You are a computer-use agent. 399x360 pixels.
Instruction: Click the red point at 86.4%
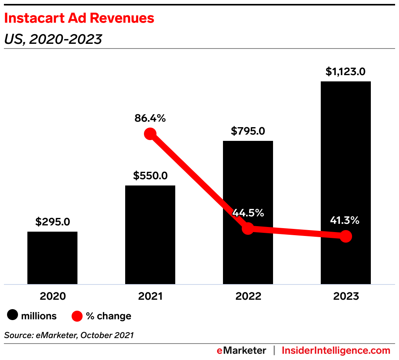tap(150, 134)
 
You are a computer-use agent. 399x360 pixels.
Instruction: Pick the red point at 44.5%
tap(248, 229)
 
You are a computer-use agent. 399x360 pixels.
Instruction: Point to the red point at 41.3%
tap(346, 236)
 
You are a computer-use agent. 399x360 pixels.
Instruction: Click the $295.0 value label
tap(52, 222)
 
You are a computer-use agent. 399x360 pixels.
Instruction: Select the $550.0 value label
tap(150, 176)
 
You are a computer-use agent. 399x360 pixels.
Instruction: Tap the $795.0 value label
tap(248, 131)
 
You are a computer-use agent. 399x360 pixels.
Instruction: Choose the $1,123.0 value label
tap(346, 72)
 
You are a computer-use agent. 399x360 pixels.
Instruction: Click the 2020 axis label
tap(52, 296)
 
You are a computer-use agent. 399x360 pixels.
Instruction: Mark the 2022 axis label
tap(248, 296)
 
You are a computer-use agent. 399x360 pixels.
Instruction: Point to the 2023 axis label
tap(346, 296)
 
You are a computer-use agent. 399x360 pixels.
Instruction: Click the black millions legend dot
tap(13, 316)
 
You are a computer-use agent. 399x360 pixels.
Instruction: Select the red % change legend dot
tap(77, 316)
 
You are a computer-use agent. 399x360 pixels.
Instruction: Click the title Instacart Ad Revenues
tap(79, 18)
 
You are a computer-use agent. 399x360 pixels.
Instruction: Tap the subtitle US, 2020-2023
tap(53, 39)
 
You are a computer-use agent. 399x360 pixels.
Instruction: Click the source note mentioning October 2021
tap(69, 335)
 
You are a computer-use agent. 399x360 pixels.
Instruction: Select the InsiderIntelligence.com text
tap(336, 350)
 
